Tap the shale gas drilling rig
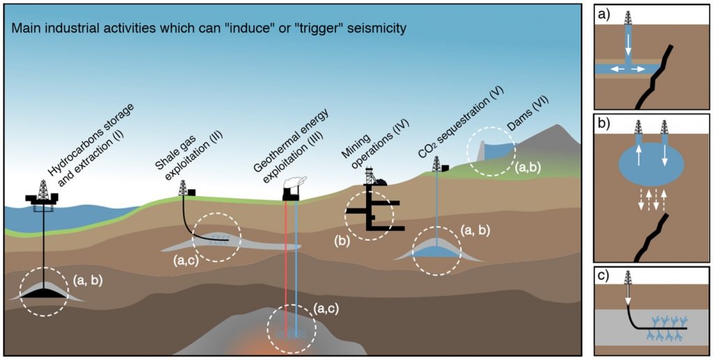pyautogui.click(x=184, y=188)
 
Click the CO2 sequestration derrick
pyautogui.click(x=437, y=164)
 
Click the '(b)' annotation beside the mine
pyautogui.click(x=342, y=243)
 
